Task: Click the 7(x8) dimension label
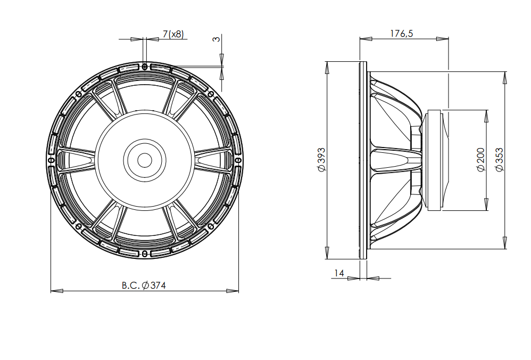173,34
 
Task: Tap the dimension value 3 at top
216,39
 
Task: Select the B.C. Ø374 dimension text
144,285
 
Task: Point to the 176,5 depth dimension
402,34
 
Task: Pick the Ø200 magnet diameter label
481,160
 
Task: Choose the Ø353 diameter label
499,160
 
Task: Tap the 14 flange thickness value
339,273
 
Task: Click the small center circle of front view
145,160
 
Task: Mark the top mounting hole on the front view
145,67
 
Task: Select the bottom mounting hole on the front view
145,254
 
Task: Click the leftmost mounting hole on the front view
51,160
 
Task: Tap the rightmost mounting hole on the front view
238,160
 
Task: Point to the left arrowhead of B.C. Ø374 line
56,291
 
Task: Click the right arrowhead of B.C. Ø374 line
233,291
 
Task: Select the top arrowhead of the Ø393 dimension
327,68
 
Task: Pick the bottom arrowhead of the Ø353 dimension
504,243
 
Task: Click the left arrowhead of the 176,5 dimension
366,39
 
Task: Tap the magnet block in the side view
436,160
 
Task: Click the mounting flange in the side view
363,160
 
